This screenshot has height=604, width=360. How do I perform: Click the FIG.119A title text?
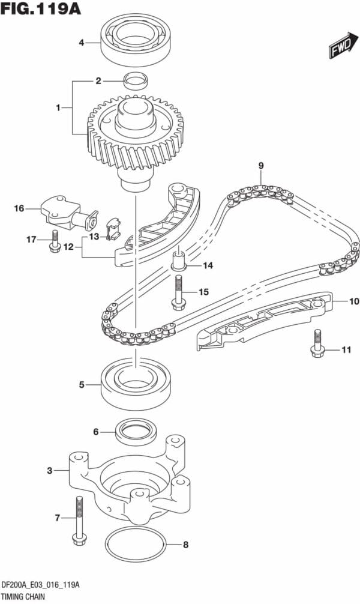[x=41, y=10]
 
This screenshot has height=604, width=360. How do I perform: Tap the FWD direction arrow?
[x=340, y=49]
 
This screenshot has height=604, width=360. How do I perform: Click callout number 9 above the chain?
[x=261, y=166]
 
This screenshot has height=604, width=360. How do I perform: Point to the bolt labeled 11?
[x=316, y=346]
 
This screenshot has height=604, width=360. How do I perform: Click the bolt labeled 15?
[x=178, y=292]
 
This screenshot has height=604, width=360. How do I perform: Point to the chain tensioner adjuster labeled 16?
[x=64, y=210]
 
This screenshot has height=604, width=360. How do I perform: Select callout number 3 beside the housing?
[x=50, y=471]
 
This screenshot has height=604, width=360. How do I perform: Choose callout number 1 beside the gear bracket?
[x=58, y=108]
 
